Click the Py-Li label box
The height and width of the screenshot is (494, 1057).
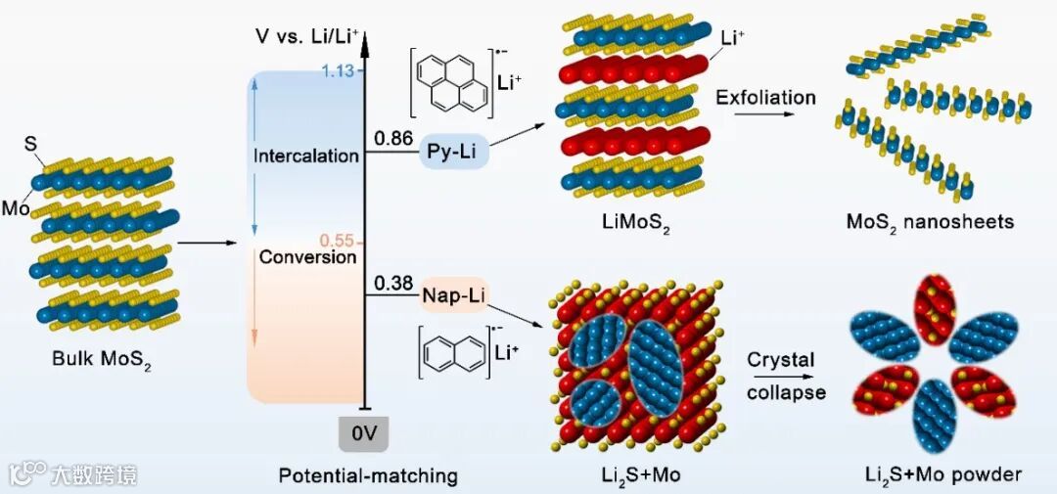pos(455,154)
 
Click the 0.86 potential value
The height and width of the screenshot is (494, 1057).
pos(392,140)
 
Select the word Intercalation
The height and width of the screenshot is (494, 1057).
pos(306,157)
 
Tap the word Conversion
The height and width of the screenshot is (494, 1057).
pos(307,257)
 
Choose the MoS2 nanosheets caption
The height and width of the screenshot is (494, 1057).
pos(930,222)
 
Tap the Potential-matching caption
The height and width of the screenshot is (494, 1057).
pos(368,476)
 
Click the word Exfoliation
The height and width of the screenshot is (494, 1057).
pos(765,98)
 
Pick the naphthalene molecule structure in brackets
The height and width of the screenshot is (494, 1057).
pos(453,357)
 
